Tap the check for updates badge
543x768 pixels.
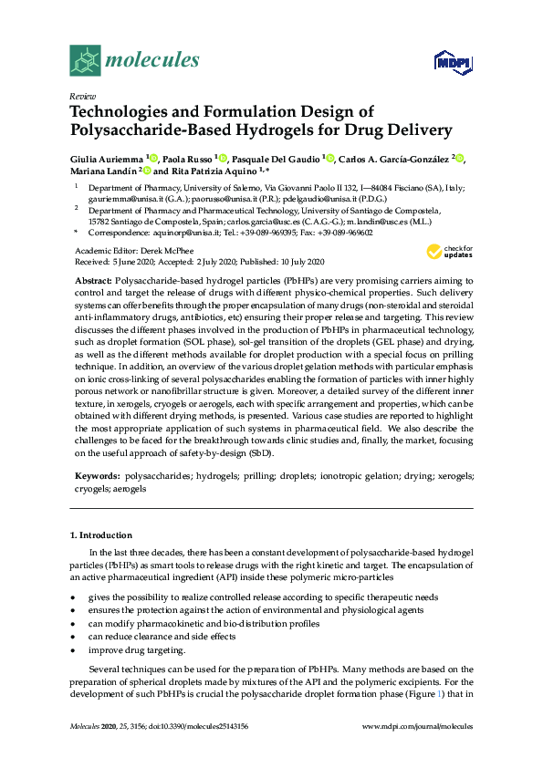pyautogui.click(x=449, y=252)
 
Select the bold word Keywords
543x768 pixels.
pyautogui.click(x=96, y=476)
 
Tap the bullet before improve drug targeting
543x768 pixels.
pyautogui.click(x=73, y=650)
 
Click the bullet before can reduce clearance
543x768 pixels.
pyautogui.click(x=73, y=637)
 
